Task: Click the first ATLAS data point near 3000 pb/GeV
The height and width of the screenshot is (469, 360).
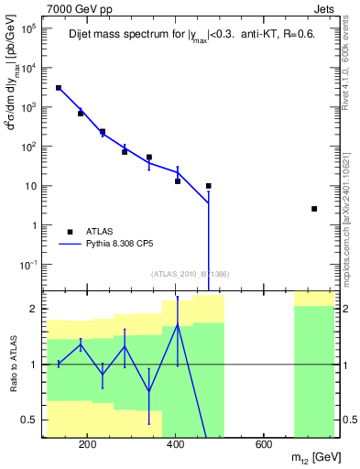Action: (59, 88)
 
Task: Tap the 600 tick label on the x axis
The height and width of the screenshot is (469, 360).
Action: (262, 446)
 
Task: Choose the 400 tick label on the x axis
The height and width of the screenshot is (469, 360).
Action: (175, 446)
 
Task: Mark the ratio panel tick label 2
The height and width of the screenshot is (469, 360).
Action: (33, 309)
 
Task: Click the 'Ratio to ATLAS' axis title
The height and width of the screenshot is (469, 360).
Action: (11, 364)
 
